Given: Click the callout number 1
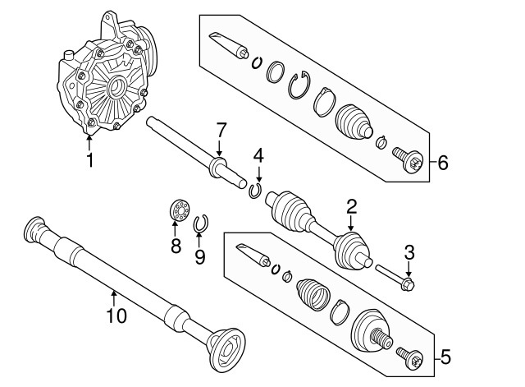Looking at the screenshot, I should click(x=89, y=159).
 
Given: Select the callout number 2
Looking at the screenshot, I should click(x=350, y=206).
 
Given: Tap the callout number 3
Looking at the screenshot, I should click(x=409, y=253).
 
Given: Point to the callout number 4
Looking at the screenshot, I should click(x=258, y=154).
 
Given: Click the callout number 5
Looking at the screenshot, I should click(x=445, y=357).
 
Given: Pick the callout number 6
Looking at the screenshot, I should click(x=442, y=163).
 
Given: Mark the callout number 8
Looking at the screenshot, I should click(x=176, y=246).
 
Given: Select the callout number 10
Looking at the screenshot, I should click(x=116, y=315).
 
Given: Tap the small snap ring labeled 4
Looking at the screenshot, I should click(x=255, y=191).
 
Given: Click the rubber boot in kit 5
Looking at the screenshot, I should click(x=314, y=294).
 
